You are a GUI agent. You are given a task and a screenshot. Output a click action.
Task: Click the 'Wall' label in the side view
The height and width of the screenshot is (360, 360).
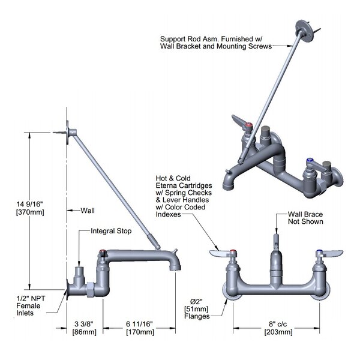point(88,211)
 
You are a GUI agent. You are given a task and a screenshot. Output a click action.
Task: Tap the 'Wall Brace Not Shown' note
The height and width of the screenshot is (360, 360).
point(305,217)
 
